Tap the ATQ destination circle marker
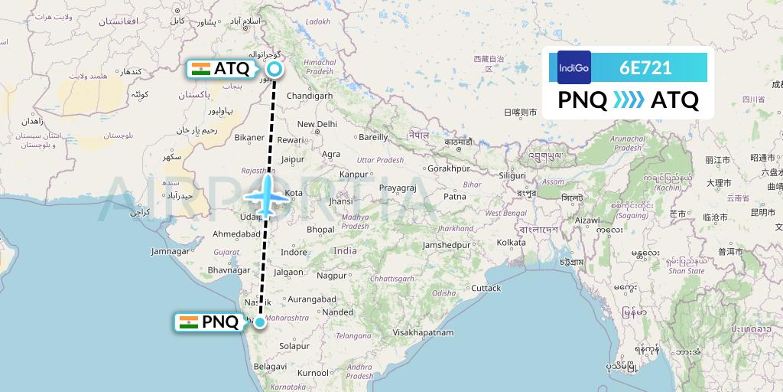tap(275, 69)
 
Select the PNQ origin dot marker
tap(261, 322)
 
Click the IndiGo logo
tap(574, 67)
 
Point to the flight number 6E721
tap(646, 67)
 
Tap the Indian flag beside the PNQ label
tap(188, 322)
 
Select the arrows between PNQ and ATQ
tap(629, 100)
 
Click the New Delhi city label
tap(317, 124)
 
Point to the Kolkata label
tap(511, 243)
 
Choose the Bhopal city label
tap(320, 229)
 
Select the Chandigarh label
tap(310, 96)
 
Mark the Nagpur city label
tap(331, 275)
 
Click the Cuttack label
tap(486, 289)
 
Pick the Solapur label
tap(294, 346)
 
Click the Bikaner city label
tap(249, 138)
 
